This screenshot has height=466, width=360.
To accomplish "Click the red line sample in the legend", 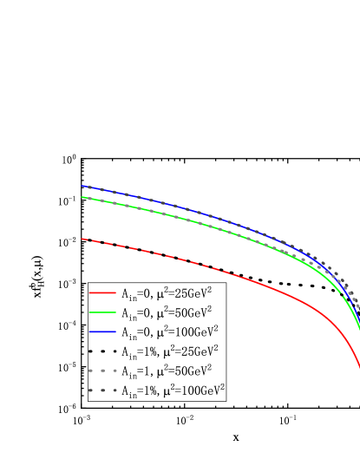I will pos(102,293).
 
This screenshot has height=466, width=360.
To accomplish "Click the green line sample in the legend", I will pos(102,312).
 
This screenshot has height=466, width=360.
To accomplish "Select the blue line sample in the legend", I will pos(102,331).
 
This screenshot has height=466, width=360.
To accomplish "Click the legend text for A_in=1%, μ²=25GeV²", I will pos(168,351).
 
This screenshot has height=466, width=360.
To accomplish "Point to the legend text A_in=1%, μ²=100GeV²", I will pos(172,391).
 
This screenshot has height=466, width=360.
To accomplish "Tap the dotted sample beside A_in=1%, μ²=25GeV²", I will pos(102,351).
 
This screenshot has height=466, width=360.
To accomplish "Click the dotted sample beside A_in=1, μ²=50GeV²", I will pos(102,371).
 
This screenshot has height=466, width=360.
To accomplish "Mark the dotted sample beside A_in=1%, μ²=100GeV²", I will pos(102,391).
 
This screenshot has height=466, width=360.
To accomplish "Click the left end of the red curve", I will pos(82,238).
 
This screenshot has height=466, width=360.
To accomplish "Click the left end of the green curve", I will pos(82,197).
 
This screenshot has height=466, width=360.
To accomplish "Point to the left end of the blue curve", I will pos(82,186).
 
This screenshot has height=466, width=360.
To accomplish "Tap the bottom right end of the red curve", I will pos(359,368).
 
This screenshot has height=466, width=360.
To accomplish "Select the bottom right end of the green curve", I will pos(359,327).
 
